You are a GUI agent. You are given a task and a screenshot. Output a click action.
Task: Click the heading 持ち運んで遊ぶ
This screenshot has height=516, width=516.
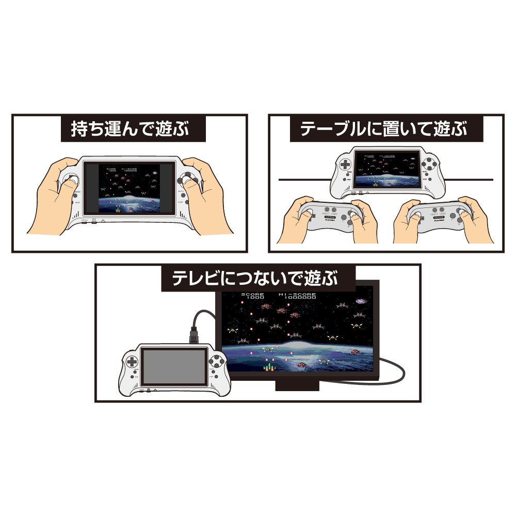click(133, 128)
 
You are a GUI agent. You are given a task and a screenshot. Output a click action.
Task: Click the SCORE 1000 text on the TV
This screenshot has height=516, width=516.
click(253, 296)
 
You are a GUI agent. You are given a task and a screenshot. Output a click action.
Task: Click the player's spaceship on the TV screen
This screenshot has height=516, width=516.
click(268, 366)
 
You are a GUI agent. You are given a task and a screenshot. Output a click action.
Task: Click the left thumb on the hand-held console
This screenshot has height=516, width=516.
click(70, 180)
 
